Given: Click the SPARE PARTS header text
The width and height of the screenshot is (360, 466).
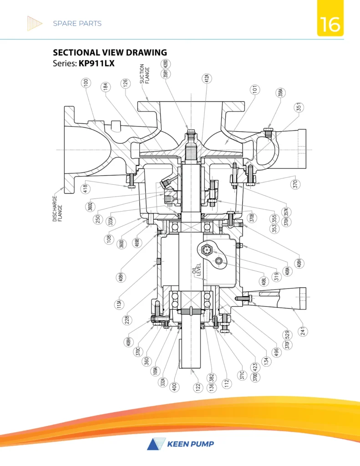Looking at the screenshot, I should tap(77, 23).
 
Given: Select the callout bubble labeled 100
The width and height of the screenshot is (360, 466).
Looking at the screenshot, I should tap(86, 83).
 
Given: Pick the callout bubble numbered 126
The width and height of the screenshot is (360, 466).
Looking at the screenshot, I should tap(124, 83).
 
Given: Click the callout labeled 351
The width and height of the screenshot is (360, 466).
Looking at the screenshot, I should tap(299, 107).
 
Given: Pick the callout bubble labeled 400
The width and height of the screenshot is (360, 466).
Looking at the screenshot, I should tap(175, 387).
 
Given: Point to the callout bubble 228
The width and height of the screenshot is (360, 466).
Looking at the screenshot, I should tap(129, 320).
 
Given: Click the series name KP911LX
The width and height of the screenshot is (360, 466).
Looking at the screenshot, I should tap(96, 64).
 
